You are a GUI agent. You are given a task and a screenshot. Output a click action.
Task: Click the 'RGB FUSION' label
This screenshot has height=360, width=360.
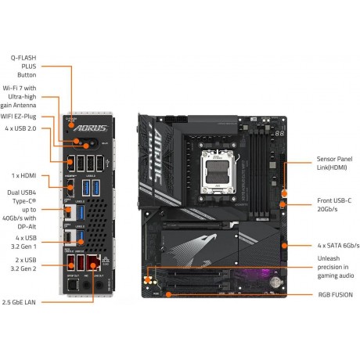333,297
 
